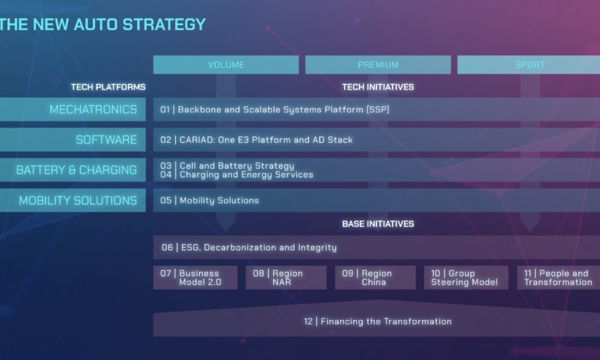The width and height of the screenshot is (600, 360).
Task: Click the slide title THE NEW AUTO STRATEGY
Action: (103, 25)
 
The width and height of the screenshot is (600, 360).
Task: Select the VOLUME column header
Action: (226, 65)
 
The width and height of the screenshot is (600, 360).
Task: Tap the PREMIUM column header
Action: (378, 65)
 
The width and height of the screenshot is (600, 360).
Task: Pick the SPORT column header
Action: (529, 65)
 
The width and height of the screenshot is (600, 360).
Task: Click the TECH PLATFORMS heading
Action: (108, 87)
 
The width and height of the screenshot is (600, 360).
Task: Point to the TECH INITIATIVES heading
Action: (378, 87)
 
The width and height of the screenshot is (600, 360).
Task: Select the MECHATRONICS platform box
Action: (73, 109)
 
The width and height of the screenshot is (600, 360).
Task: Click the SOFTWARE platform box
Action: (73, 140)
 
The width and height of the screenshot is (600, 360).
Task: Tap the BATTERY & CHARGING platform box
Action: (73, 170)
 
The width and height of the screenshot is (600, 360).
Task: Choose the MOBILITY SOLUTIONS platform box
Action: (73, 200)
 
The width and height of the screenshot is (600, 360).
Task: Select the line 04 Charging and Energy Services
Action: (236, 175)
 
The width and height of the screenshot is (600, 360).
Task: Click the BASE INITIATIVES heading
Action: (378, 224)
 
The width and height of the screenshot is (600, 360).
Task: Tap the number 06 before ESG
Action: (167, 248)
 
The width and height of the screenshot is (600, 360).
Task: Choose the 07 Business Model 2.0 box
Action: (195, 277)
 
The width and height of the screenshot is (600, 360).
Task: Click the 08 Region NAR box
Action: (286, 277)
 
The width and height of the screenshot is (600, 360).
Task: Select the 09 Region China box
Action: (375, 277)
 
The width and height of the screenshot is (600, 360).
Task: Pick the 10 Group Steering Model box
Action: (466, 277)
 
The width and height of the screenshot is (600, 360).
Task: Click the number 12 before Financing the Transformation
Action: (308, 322)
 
